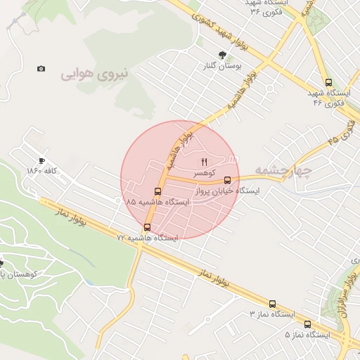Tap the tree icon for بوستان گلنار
(223, 56)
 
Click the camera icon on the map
(41, 68)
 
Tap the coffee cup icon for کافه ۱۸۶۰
(41, 161)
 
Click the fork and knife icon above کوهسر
(205, 162)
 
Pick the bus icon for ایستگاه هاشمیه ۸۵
(157, 191)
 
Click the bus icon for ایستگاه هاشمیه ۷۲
(147, 227)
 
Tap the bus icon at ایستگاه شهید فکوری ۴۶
(329, 82)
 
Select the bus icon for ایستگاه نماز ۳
(273, 302)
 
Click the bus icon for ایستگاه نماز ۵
(308, 324)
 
